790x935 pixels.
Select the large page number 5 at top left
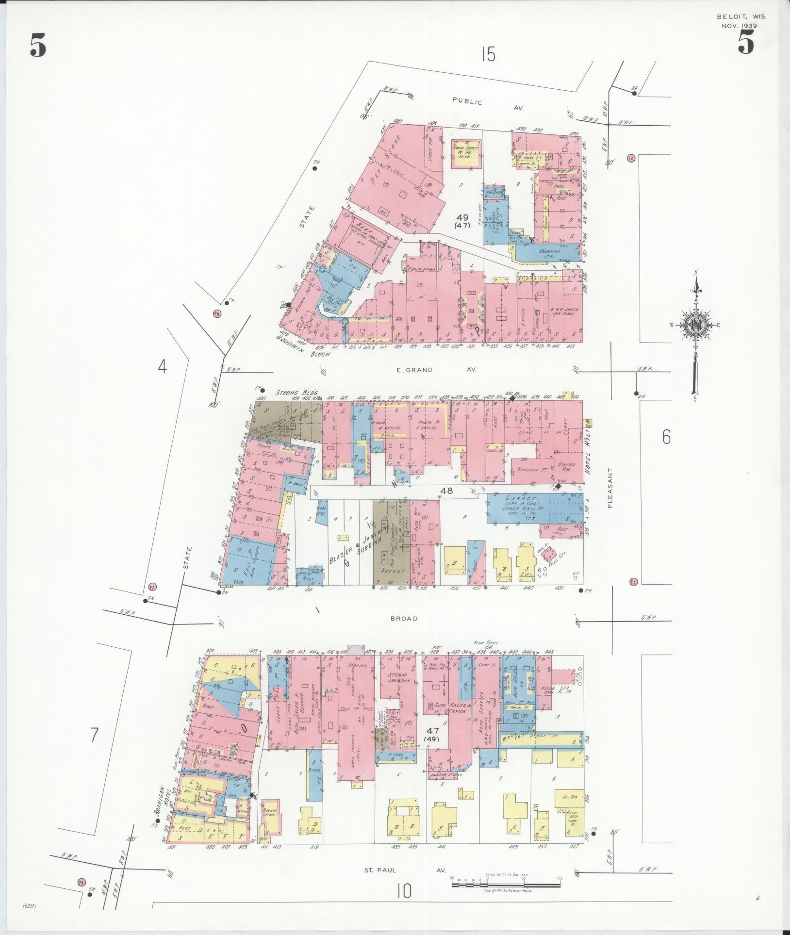[x=38, y=46]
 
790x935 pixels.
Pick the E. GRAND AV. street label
[x=436, y=370]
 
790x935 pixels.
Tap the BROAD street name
[x=404, y=619]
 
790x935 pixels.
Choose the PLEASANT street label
[x=611, y=488]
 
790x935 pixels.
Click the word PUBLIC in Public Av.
[x=467, y=102]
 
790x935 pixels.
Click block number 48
[x=446, y=491]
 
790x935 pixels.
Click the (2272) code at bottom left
[x=31, y=906]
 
